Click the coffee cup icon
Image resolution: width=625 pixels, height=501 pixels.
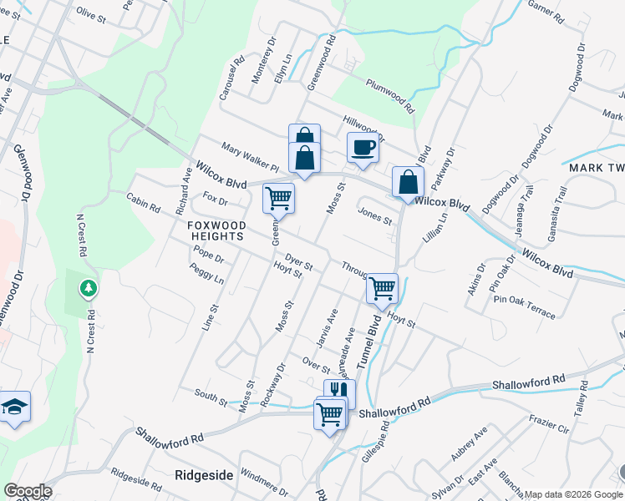363,147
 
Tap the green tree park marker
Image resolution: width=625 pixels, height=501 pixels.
87,289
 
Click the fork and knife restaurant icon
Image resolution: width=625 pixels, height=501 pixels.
339,392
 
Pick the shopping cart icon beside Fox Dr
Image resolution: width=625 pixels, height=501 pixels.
278,198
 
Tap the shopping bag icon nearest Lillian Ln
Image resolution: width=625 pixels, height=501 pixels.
409,180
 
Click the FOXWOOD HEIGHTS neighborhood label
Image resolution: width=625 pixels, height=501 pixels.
216,231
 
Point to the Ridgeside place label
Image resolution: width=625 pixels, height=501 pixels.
205,474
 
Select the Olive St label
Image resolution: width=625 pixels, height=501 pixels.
94,12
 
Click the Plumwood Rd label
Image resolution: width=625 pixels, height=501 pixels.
389,96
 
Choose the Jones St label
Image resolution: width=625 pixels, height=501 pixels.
375,216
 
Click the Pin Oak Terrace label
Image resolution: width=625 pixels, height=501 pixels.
524,306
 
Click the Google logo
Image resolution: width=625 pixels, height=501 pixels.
27,490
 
